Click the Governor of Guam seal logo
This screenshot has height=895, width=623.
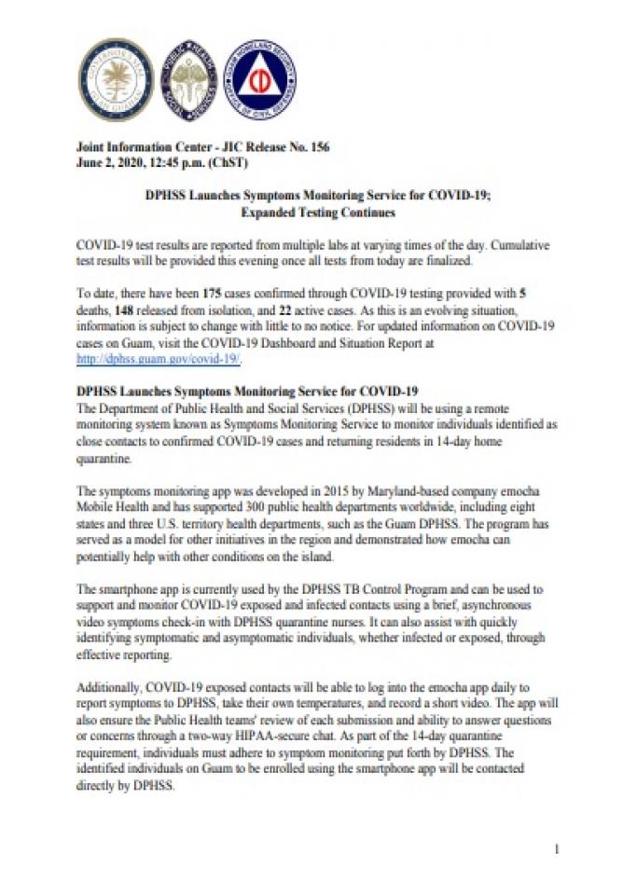pyautogui.click(x=116, y=80)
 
